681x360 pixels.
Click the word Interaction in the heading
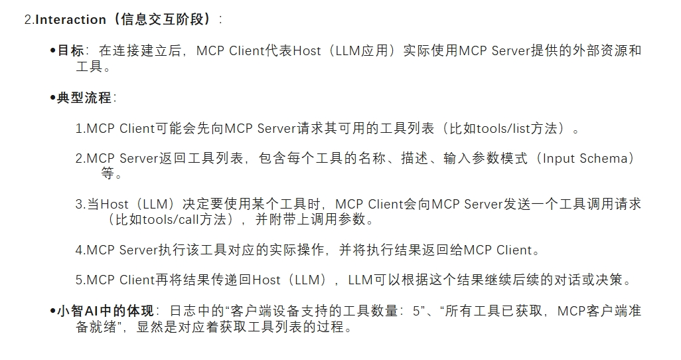click(70, 19)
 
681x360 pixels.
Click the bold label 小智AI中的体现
click(105, 311)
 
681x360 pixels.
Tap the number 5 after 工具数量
click(416, 311)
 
